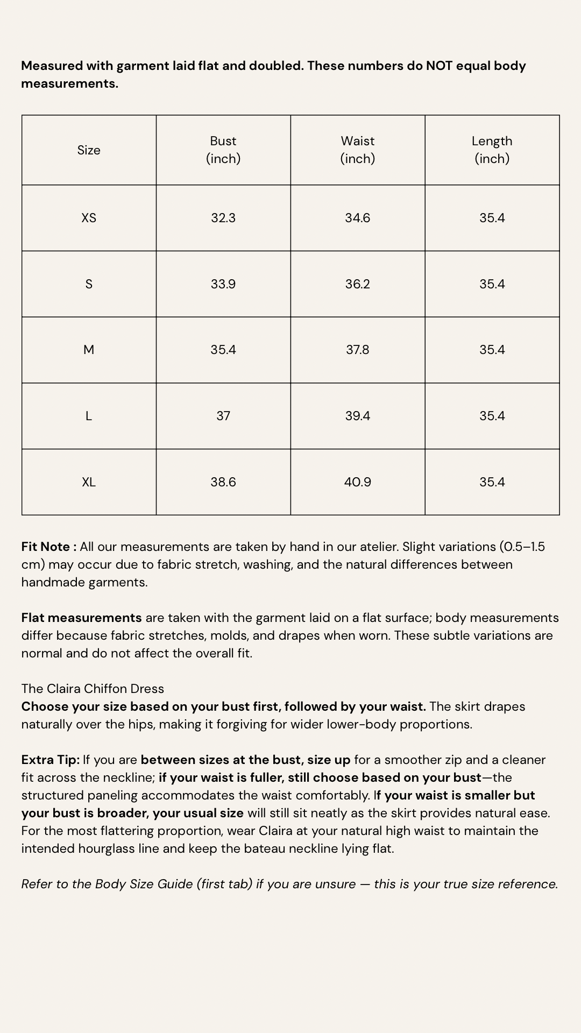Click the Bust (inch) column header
coord(223,150)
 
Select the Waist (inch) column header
coord(358,150)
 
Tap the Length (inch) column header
coord(492,150)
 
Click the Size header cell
coord(89,150)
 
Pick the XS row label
coord(89,218)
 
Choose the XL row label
coord(89,482)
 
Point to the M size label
coord(89,350)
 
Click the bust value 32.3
coord(223,218)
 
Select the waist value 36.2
coord(358,284)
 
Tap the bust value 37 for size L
coord(223,416)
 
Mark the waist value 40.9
coord(358,482)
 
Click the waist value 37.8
coord(358,350)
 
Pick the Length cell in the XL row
coord(492,482)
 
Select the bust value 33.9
coord(223,284)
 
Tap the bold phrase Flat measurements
coord(81,618)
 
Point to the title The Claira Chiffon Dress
coord(93,689)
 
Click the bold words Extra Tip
coord(50,760)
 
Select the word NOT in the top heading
coord(439,66)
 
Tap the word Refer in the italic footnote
coord(35,884)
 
